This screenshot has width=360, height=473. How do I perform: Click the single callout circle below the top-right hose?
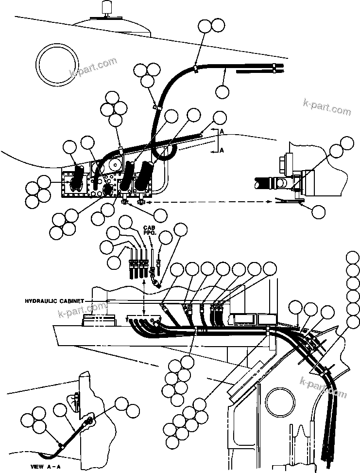pos(222,91)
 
